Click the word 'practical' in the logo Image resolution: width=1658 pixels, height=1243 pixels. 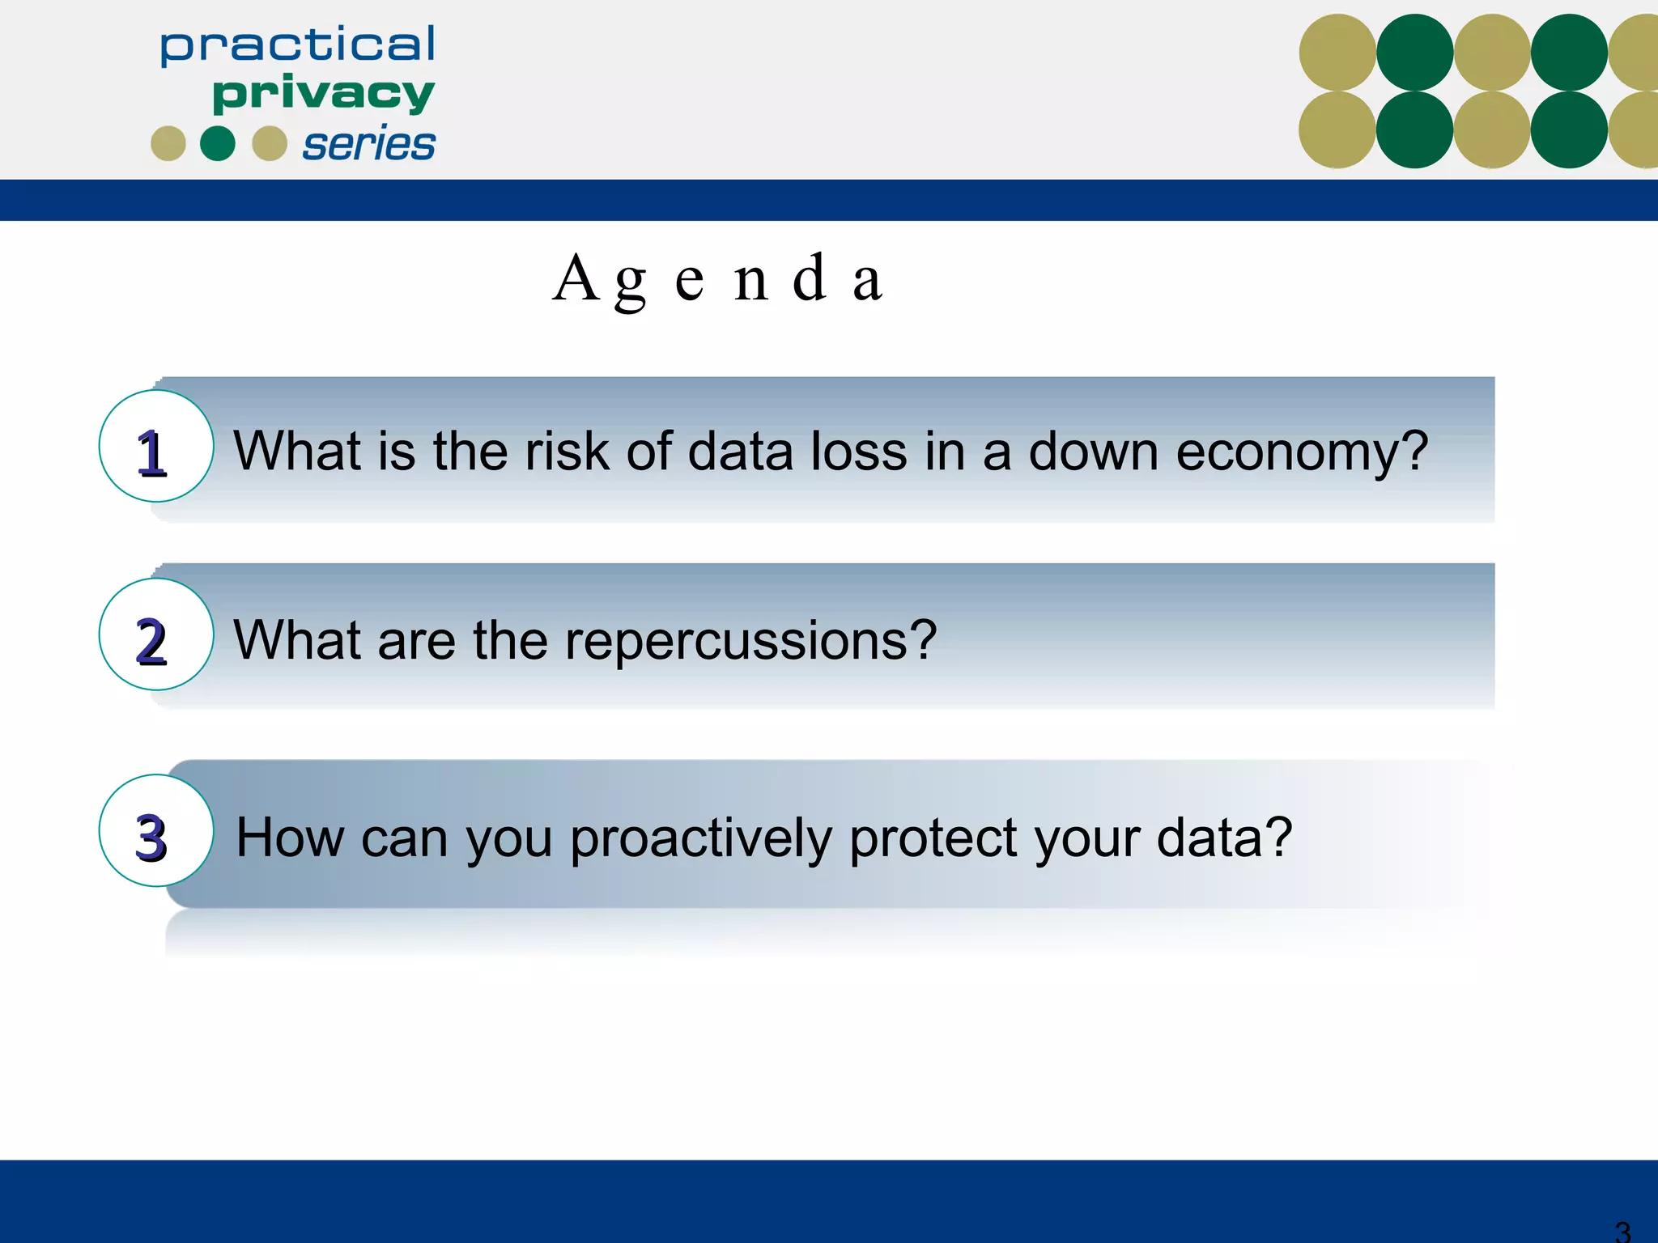[x=297, y=45]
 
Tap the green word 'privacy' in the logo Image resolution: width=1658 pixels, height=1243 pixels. [x=323, y=95]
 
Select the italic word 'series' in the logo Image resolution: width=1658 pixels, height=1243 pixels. [x=368, y=145]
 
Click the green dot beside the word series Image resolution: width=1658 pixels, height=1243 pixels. [x=217, y=144]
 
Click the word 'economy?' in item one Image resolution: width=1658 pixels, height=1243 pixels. [x=1302, y=452]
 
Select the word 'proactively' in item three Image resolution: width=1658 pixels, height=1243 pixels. [x=701, y=838]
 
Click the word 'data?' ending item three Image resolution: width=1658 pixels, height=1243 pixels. [x=1224, y=837]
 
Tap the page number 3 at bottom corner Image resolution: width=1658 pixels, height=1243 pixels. [x=1622, y=1231]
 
